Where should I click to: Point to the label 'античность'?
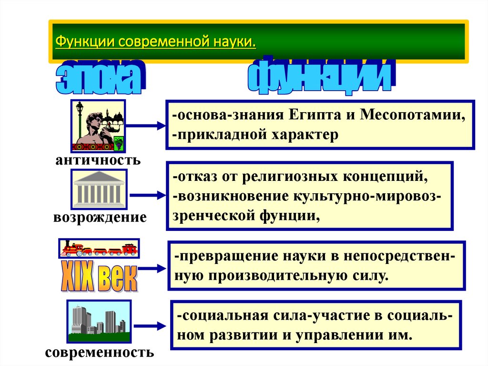pos(98,159)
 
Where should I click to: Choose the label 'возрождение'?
pos(100,218)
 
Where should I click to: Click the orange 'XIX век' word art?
pos(99,276)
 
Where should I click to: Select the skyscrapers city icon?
pos(99,321)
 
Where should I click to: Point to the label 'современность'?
pos(100,353)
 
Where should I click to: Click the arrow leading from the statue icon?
pos(145,126)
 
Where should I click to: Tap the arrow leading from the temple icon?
pos(147,195)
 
